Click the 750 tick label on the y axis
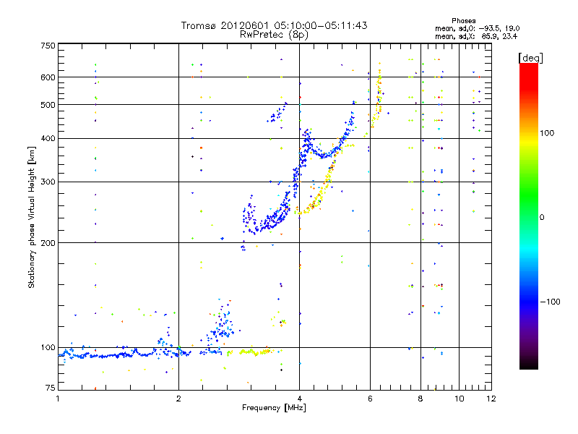[48, 46]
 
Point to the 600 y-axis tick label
[48, 77]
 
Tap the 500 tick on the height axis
[48, 104]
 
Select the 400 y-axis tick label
[48, 138]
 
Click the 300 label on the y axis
[48, 182]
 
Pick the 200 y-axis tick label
[48, 242]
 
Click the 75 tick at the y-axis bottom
[50, 389]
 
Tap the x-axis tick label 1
[59, 399]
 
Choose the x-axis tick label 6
[370, 399]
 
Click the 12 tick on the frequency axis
[491, 399]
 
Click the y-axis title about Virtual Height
[32, 217]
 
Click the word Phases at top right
[464, 21]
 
